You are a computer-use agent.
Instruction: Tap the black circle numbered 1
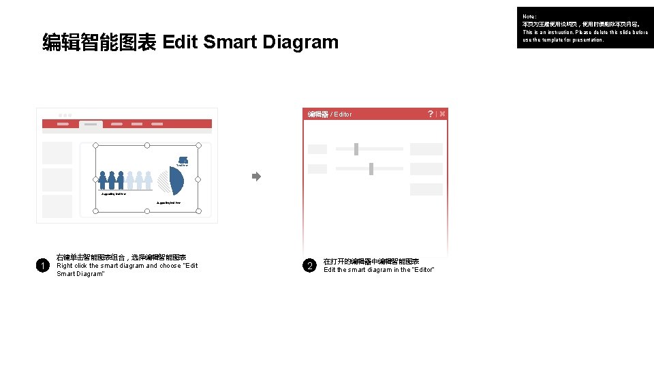pyautogui.click(x=42, y=266)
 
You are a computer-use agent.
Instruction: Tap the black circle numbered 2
pyautogui.click(x=310, y=266)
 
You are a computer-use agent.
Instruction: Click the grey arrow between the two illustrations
pyautogui.click(x=256, y=177)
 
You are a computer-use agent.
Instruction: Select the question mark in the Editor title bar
pyautogui.click(x=430, y=114)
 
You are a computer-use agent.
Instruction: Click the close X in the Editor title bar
pyautogui.click(x=442, y=114)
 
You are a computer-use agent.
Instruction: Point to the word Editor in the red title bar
pyautogui.click(x=343, y=114)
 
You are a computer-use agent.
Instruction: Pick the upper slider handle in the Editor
pyautogui.click(x=356, y=149)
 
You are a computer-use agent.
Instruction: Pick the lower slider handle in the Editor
pyautogui.click(x=371, y=168)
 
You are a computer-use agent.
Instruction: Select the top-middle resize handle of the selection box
pyautogui.click(x=146, y=145)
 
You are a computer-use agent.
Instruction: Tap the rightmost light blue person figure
pyautogui.click(x=148, y=180)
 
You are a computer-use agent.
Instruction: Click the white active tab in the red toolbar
pyautogui.click(x=91, y=125)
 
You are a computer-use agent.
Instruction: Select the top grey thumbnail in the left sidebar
pyautogui.click(x=57, y=153)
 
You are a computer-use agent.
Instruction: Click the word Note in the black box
pyautogui.click(x=529, y=16)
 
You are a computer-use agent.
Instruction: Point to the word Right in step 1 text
pyautogui.click(x=64, y=266)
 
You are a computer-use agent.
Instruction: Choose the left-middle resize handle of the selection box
pyautogui.click(x=95, y=179)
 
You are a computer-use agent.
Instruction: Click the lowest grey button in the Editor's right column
pyautogui.click(x=426, y=189)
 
